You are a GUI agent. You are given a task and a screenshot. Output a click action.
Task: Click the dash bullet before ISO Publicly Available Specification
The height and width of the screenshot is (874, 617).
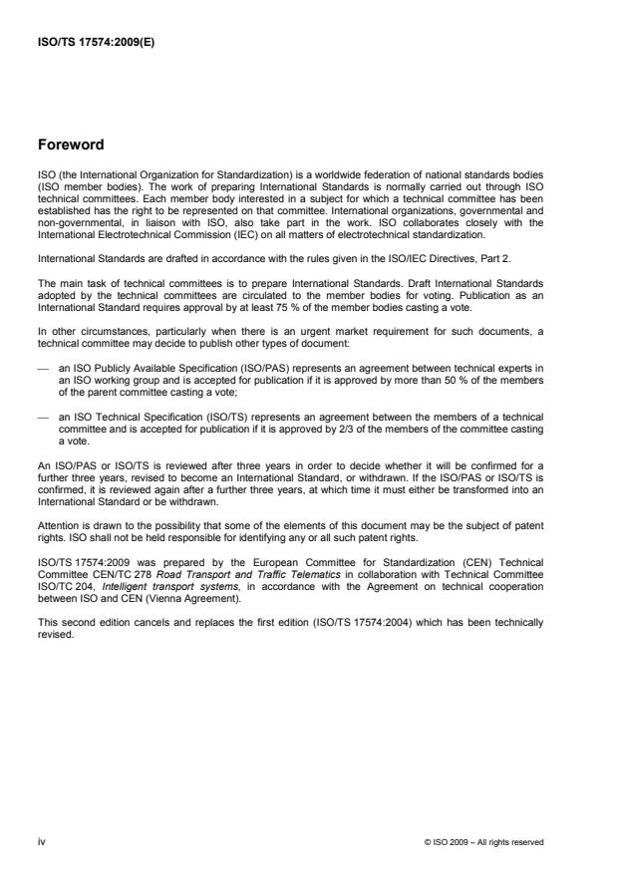[x=42, y=368]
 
